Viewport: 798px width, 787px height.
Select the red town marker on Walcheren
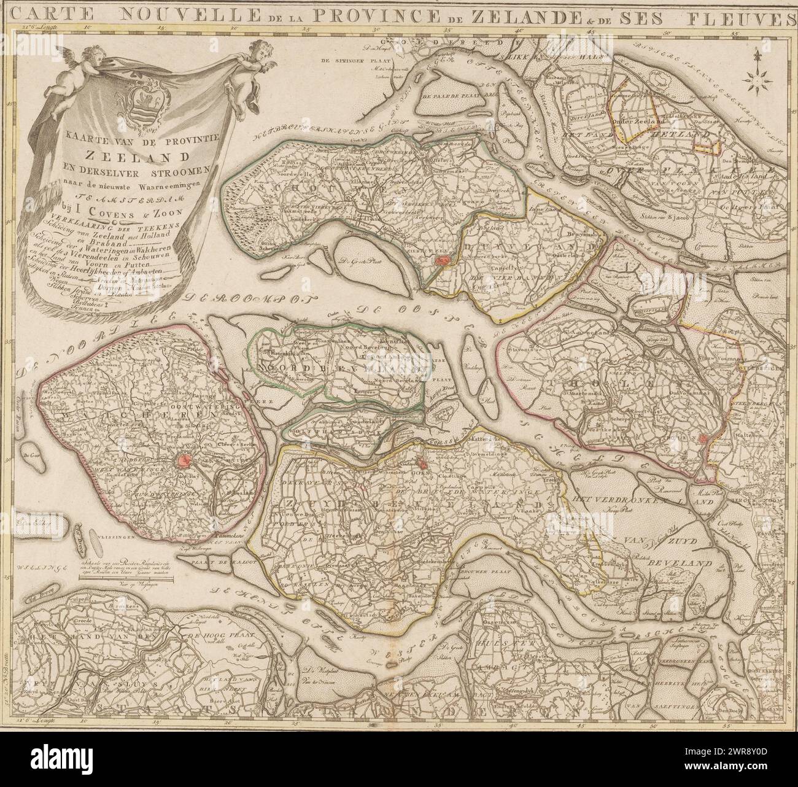tap(182, 460)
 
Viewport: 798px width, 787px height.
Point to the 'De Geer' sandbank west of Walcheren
tap(27, 456)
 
